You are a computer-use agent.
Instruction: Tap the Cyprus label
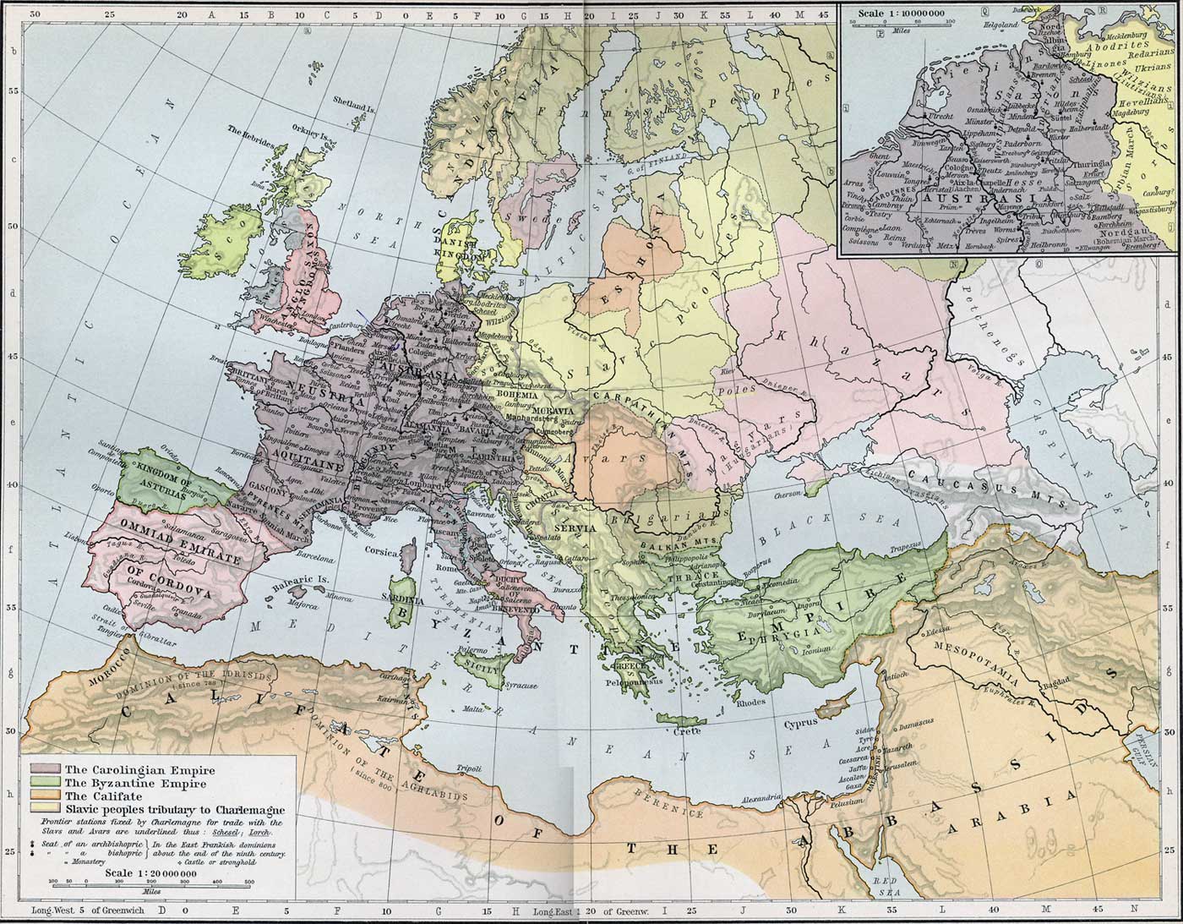click(800, 724)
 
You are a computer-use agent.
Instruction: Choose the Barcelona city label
click(314, 559)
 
